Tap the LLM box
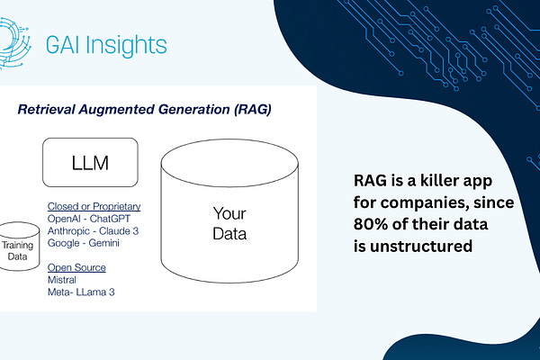(90, 162)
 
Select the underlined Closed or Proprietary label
(94, 206)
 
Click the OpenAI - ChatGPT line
(93, 219)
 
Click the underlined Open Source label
(76, 267)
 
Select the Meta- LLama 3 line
(82, 292)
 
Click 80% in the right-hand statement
(370, 222)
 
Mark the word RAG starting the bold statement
(371, 179)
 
